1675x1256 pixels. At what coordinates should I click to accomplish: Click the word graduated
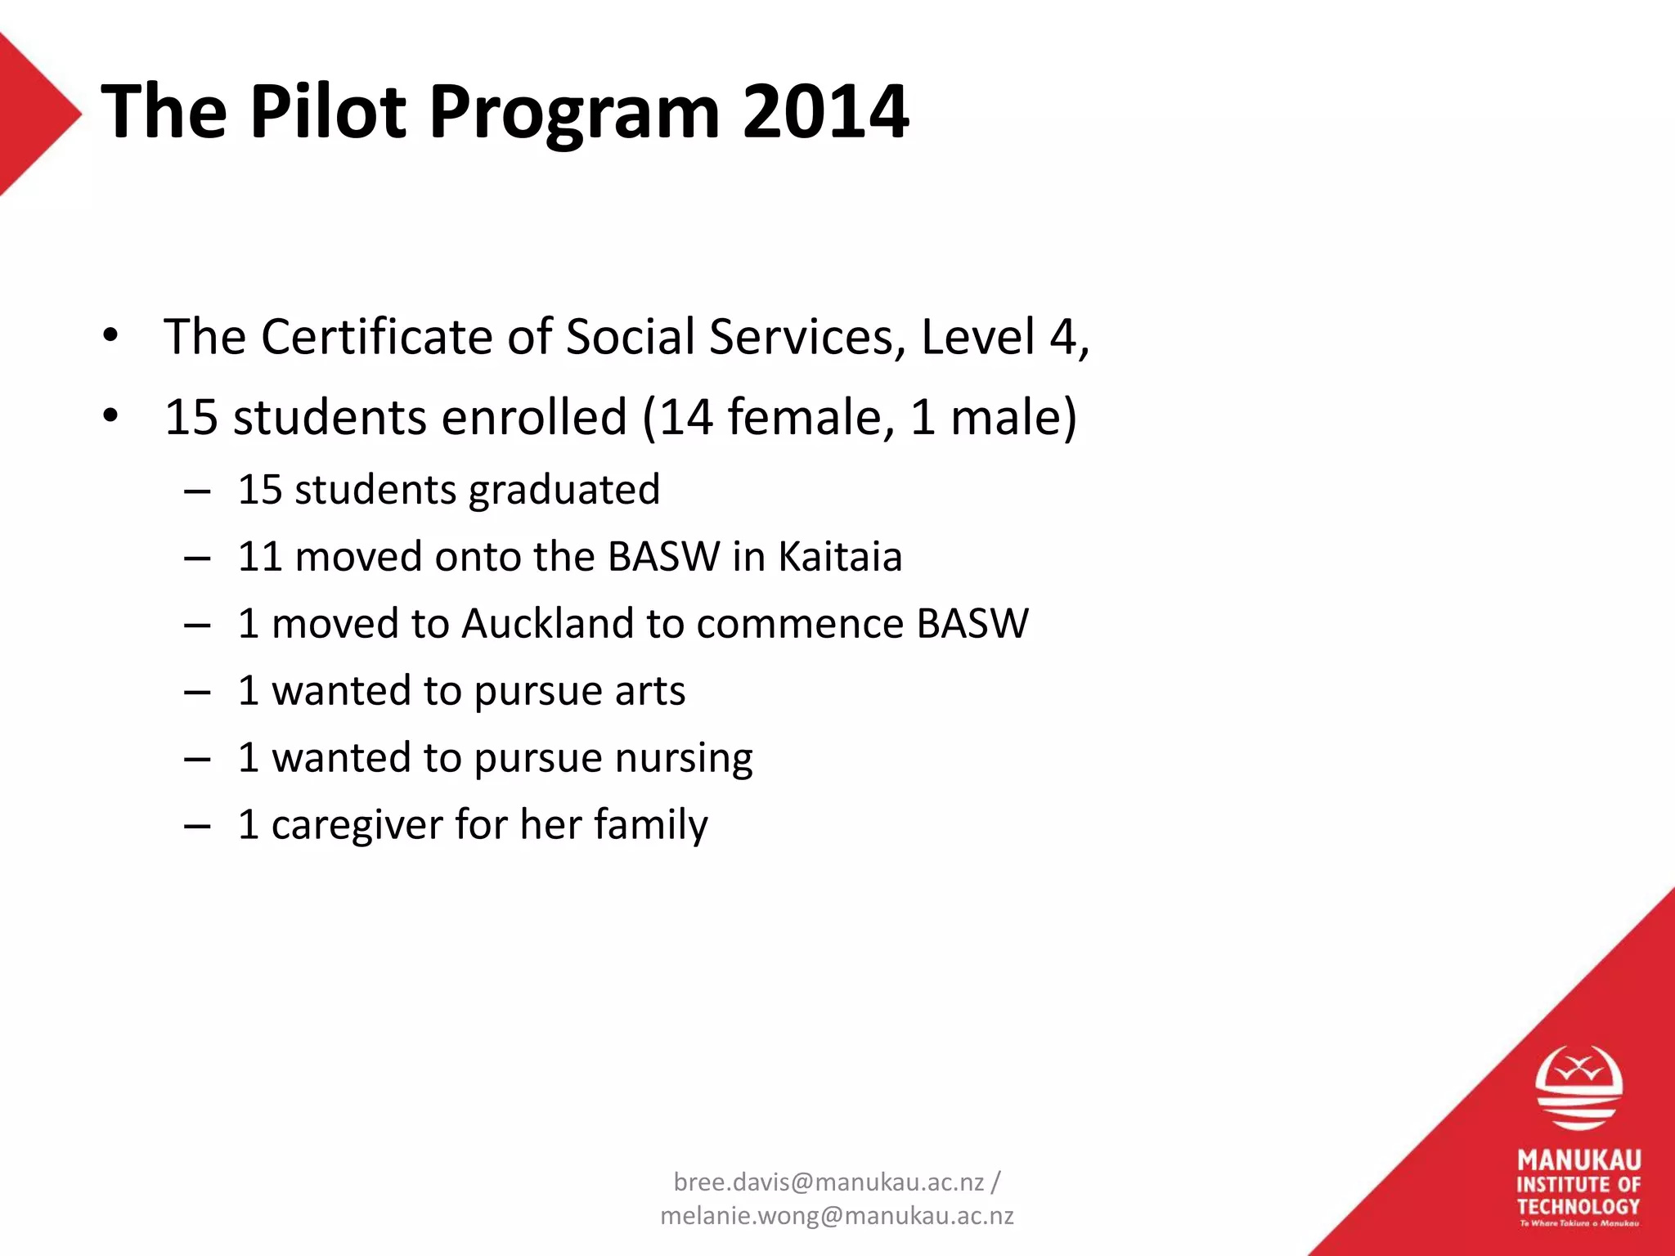point(564,491)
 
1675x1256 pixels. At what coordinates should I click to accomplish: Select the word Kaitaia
point(840,557)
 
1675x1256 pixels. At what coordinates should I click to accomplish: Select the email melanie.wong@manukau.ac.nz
point(837,1216)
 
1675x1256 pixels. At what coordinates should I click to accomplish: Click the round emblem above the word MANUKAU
point(1578,1088)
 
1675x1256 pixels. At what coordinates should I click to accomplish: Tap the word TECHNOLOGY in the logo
point(1578,1206)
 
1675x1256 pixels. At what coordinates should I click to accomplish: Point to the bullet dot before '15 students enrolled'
point(111,416)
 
